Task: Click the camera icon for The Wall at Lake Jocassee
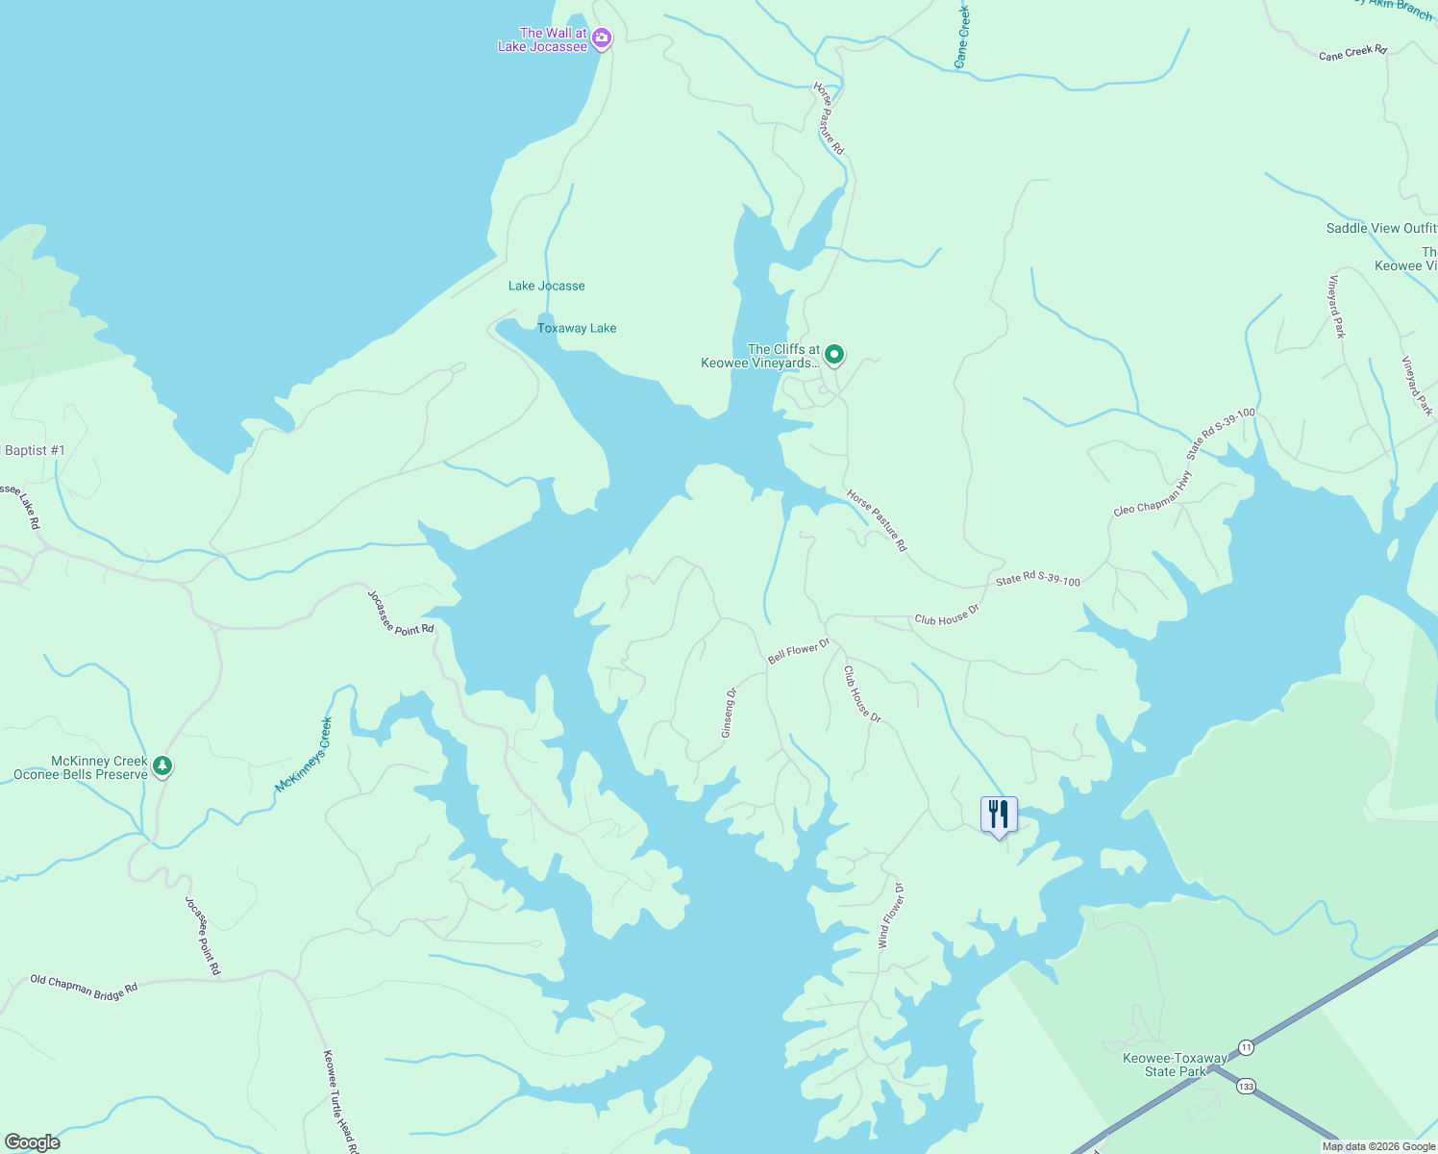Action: coord(602,38)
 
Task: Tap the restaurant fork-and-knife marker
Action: coord(999,815)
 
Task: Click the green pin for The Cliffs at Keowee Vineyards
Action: coord(835,355)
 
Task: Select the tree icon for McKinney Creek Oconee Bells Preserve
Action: coord(163,765)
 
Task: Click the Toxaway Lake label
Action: coord(577,328)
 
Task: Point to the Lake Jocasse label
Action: coord(546,286)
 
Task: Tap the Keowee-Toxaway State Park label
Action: coord(1175,1065)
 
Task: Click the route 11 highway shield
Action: coord(1246,1046)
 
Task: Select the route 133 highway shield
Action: coord(1246,1086)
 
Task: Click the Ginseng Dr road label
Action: coord(729,713)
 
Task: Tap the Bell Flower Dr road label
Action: coord(798,651)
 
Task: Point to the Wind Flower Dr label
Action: coord(890,916)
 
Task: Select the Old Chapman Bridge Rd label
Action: coord(84,987)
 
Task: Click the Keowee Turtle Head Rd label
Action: coord(340,1101)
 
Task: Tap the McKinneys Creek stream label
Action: coord(304,755)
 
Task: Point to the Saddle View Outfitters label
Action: coord(1381,228)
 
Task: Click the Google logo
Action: coord(31,1142)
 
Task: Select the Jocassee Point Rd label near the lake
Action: coord(401,613)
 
